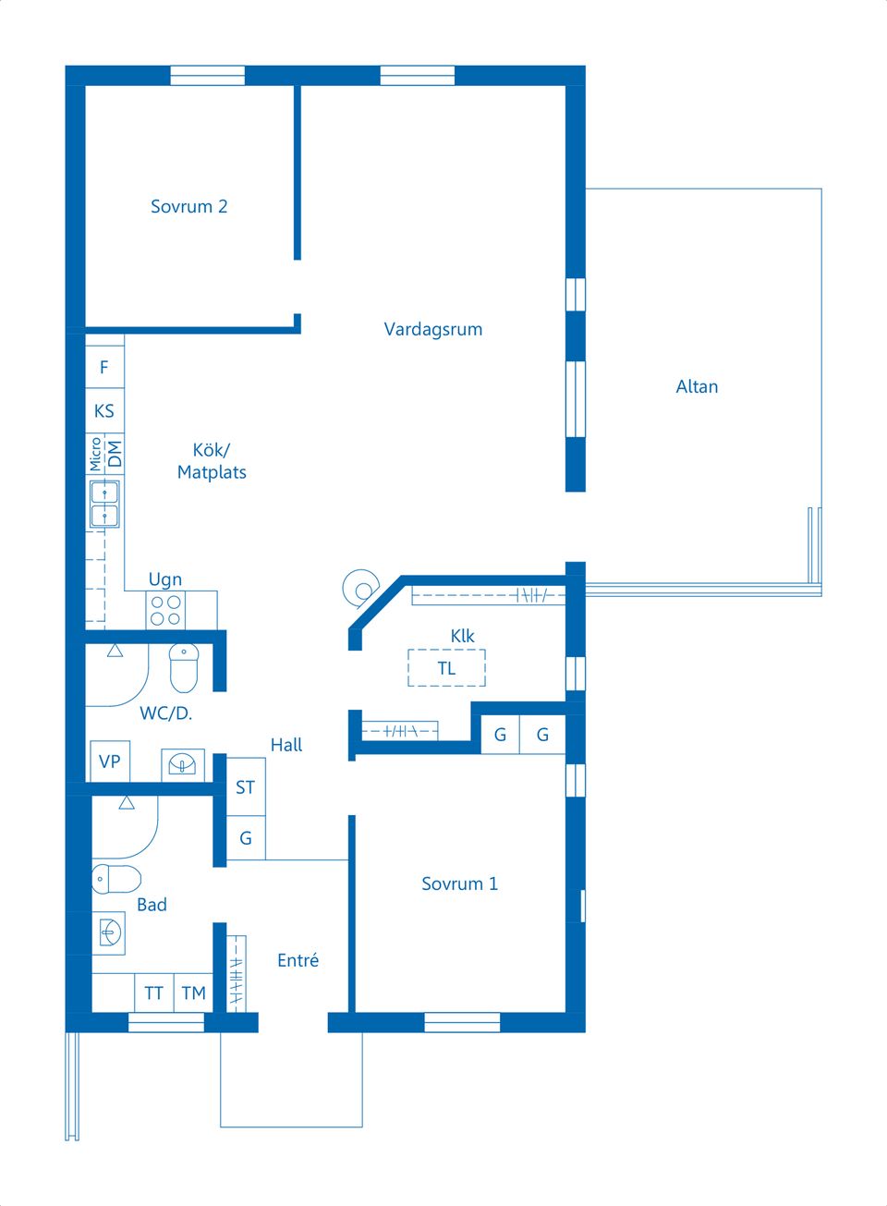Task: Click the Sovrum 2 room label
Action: point(188,206)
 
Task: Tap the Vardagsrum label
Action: point(433,329)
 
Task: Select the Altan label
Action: point(697,386)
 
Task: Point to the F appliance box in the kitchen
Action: point(104,367)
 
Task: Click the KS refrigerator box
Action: point(104,411)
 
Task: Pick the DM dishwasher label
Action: point(115,454)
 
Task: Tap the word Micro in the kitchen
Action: point(95,454)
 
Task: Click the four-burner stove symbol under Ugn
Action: point(165,611)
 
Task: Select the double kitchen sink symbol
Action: point(104,504)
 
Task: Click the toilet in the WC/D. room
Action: point(184,667)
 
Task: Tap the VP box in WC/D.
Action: point(110,761)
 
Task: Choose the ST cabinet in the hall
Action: point(246,787)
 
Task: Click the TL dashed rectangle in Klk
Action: point(446,668)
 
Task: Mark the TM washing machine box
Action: point(193,993)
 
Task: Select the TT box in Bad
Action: point(154,993)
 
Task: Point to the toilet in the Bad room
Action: point(116,879)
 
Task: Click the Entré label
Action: point(298,960)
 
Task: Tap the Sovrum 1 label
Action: point(459,883)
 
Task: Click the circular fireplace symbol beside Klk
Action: point(361,588)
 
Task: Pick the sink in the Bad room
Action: point(109,933)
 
